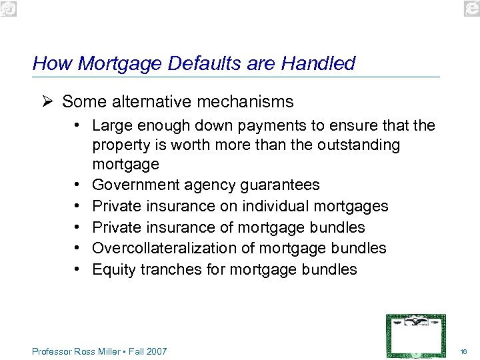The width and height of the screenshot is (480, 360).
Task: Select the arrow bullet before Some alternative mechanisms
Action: point(46,102)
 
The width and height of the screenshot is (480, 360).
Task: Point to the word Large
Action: point(110,125)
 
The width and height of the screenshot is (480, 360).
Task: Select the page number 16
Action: point(464,351)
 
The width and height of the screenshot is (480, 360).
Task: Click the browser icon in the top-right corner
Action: point(470,7)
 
